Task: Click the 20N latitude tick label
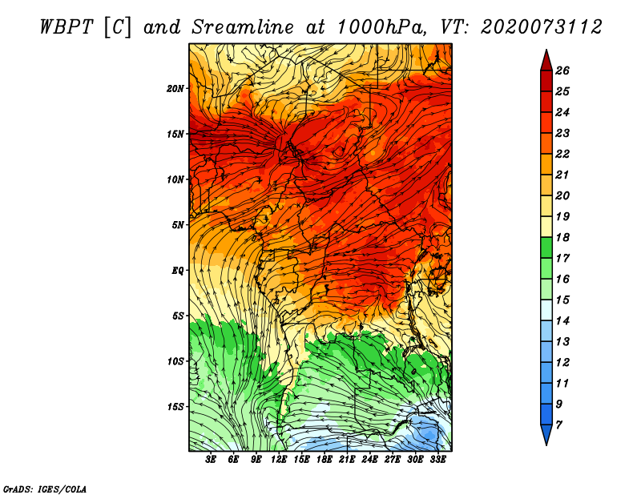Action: tap(175, 89)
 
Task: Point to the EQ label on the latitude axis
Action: tap(178, 271)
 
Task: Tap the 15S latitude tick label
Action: tap(175, 407)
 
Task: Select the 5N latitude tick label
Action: tap(178, 225)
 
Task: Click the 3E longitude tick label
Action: tap(211, 460)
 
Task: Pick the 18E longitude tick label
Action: tap(325, 460)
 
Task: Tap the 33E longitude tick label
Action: tap(437, 460)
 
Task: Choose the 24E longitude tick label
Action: tap(369, 460)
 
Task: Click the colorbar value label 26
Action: tap(562, 70)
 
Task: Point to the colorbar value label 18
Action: tap(562, 237)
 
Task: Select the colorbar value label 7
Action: tap(559, 425)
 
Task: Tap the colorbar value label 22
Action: tap(562, 154)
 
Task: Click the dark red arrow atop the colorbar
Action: tap(546, 61)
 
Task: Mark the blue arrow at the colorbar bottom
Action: tap(546, 435)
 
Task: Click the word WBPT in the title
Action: tap(67, 27)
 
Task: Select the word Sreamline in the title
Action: tap(243, 27)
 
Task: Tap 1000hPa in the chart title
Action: tap(381, 27)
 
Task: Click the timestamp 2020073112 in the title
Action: tap(542, 27)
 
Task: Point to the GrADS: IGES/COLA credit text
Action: tap(45, 489)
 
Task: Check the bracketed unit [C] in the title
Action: tap(118, 28)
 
